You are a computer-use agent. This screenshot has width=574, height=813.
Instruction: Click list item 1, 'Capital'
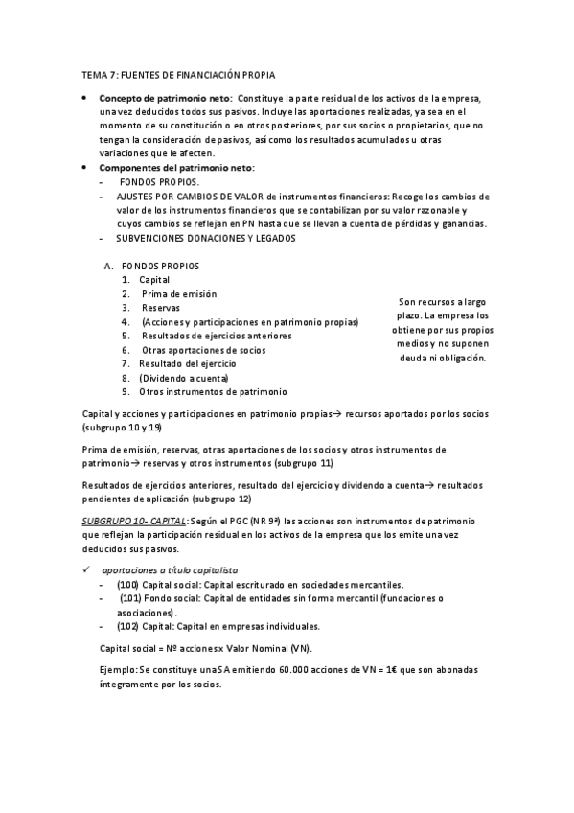coord(154,280)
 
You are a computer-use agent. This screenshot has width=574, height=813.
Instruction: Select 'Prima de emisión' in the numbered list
coord(179,294)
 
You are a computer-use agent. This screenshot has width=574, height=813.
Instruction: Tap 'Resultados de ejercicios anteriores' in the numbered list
coord(216,337)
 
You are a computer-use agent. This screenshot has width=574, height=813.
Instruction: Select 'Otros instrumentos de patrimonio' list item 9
coord(212,392)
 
